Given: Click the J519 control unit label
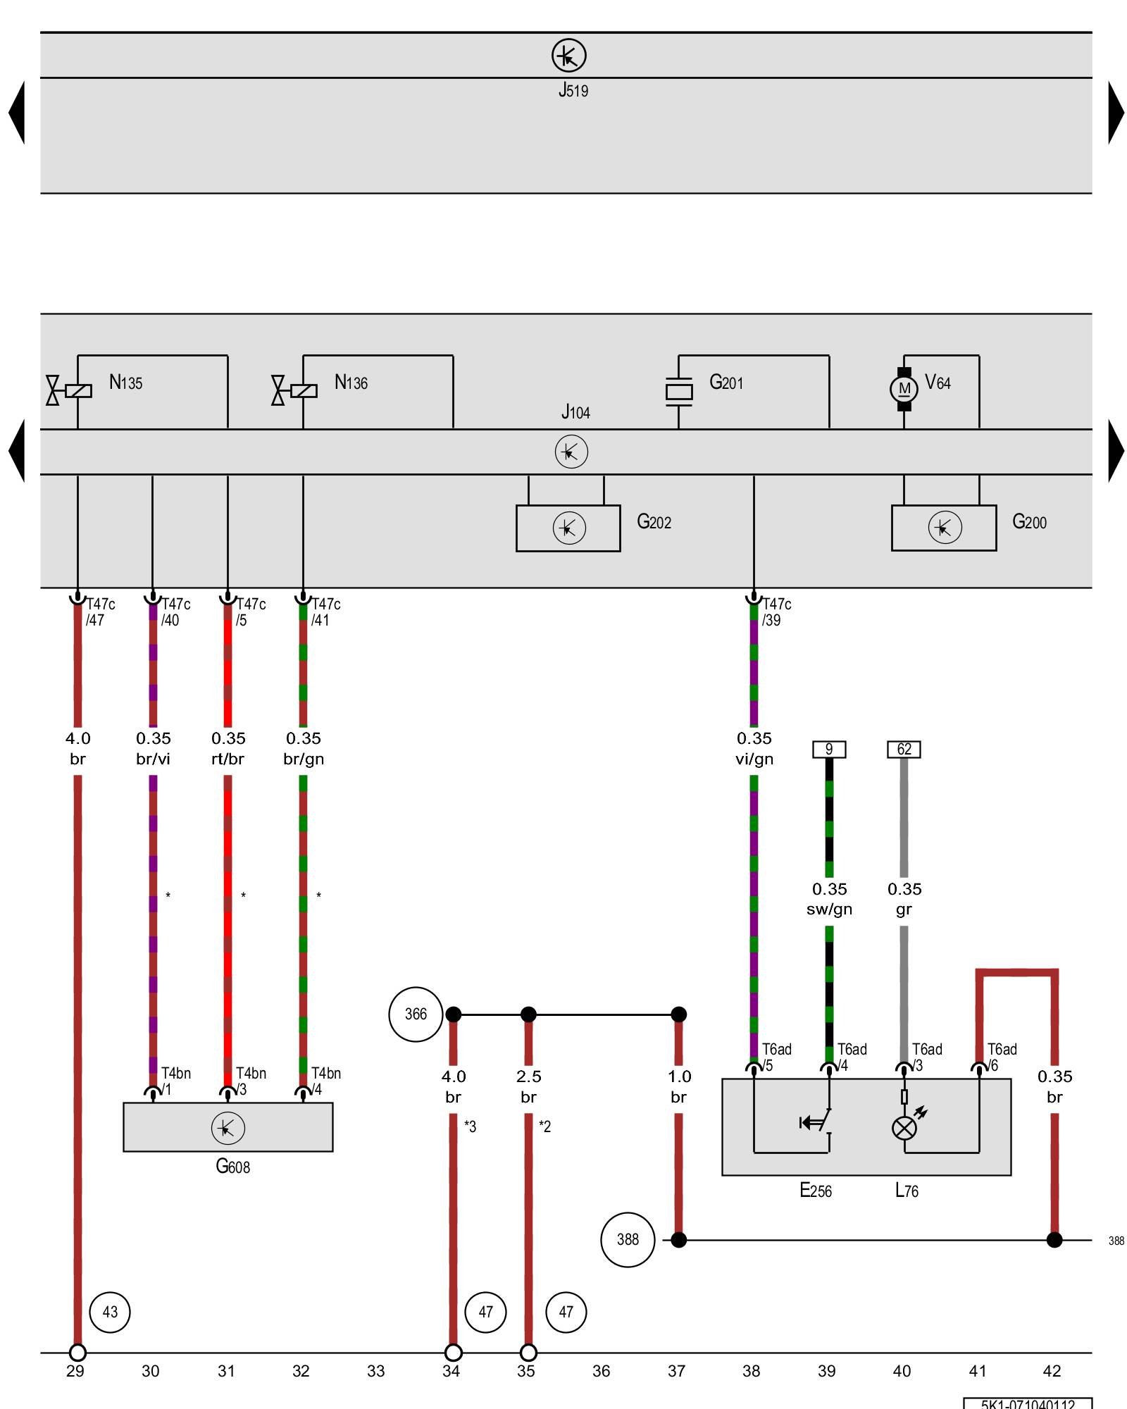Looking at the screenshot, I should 573,90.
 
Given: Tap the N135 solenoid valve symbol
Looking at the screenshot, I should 70,390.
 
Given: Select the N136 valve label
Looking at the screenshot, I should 351,383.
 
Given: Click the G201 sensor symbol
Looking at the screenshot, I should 678,392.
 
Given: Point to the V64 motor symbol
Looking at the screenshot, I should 904,389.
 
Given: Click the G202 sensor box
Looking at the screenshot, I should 568,528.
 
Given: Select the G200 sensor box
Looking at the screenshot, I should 943,528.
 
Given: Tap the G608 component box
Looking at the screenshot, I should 228,1127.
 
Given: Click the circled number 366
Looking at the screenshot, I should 416,1014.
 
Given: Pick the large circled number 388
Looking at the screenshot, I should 628,1239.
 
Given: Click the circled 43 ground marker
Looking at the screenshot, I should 110,1312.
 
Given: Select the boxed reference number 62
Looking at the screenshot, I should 904,749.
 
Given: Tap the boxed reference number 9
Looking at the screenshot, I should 829,749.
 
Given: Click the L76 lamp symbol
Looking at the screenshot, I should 904,1128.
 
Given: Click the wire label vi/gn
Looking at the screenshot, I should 754,759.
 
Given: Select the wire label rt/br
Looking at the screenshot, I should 228,759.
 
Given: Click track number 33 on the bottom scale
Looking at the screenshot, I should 376,1371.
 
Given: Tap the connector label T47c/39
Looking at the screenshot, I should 776,612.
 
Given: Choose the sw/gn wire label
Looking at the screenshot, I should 829,910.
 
